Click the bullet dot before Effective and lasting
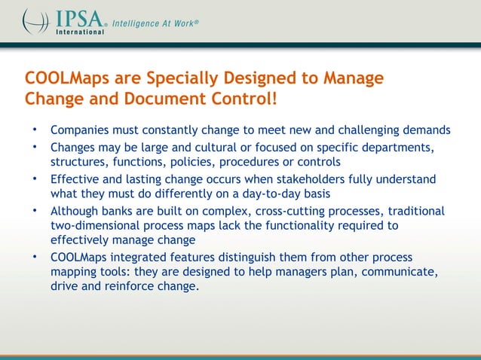pos(34,179)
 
